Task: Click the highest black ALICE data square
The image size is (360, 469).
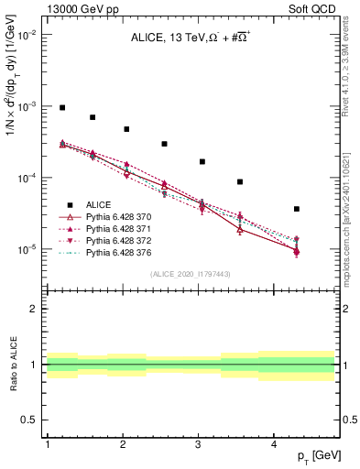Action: (62, 107)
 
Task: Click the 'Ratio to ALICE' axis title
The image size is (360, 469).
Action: (13, 365)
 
